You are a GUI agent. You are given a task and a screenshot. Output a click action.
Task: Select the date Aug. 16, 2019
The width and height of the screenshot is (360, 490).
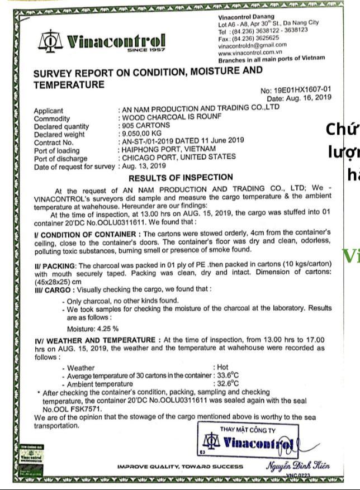click(x=307, y=98)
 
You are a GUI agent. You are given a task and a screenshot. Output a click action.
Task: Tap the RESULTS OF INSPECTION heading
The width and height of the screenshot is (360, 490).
click(x=181, y=178)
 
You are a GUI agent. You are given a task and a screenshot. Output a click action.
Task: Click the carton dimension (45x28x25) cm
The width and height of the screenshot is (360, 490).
click(x=57, y=282)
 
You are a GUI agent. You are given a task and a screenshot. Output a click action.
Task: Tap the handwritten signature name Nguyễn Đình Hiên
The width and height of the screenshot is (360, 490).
click(x=297, y=465)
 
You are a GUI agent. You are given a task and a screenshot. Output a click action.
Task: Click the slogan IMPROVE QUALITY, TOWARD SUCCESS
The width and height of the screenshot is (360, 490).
click(x=179, y=467)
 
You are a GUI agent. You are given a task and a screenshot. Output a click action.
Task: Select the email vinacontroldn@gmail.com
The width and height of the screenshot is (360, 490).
click(x=253, y=45)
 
